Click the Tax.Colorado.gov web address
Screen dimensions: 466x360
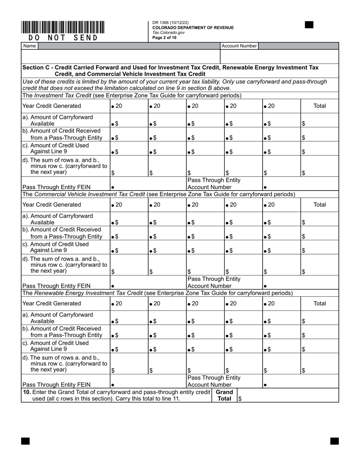coord(168,33)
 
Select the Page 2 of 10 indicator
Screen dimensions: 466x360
coord(164,38)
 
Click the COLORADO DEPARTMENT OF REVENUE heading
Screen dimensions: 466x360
coord(193,28)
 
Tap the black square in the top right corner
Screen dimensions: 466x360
coord(309,25)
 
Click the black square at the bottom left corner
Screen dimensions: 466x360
coord(25,441)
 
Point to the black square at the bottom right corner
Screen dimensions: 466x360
coord(334,441)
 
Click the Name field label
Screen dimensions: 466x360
coord(30,46)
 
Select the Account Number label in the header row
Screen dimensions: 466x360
coord(239,46)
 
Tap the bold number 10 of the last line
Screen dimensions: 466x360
coord(27,392)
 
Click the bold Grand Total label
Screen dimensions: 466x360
coord(224,395)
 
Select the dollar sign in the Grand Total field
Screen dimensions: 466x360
coord(240,399)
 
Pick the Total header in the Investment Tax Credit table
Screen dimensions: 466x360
coord(319,106)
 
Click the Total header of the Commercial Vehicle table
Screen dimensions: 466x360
coord(319,205)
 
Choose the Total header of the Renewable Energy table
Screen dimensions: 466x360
coord(319,303)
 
